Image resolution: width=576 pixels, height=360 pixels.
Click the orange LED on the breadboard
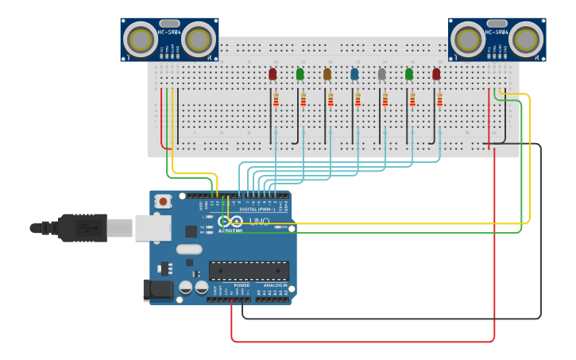[327, 74]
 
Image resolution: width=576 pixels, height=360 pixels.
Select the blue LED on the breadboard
[354, 74]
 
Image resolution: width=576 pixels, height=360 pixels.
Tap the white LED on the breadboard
[381, 74]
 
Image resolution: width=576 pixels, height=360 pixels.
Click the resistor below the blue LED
[358, 99]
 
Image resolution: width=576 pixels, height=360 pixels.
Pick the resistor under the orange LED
[331, 99]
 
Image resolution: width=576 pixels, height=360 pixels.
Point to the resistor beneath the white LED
[385, 99]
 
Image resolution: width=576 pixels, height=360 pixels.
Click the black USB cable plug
[79, 228]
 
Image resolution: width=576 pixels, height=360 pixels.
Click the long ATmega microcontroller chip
[249, 271]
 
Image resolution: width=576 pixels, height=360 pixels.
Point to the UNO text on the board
[260, 222]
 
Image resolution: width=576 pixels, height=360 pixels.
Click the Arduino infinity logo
[231, 222]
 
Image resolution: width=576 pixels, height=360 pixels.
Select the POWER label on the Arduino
[242, 285]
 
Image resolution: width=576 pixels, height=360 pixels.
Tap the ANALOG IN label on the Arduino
[275, 285]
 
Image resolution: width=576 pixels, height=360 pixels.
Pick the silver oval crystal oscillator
[189, 250]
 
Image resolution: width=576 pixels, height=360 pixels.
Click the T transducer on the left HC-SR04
[141, 38]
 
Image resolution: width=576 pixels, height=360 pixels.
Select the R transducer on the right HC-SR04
[526, 38]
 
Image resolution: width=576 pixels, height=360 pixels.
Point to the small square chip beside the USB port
[191, 231]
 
